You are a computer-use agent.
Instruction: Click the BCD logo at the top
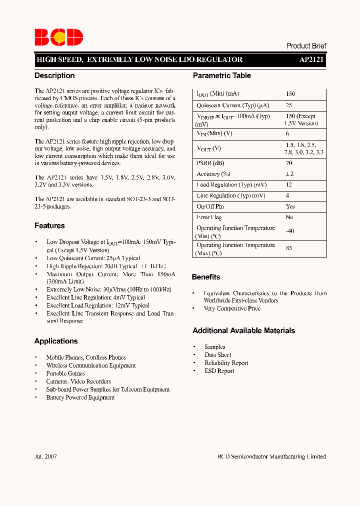tap(58, 37)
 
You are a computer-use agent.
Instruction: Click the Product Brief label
tap(306, 46)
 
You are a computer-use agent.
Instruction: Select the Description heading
tap(54, 75)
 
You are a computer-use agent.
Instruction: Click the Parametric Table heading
tap(222, 75)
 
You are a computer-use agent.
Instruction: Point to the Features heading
tap(49, 225)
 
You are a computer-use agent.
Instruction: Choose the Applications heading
tap(56, 341)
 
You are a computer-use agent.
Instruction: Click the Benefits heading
tap(206, 277)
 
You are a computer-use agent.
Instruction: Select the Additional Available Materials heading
tap(243, 330)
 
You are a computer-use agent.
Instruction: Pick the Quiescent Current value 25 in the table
tap(289, 105)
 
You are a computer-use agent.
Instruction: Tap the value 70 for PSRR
tap(289, 163)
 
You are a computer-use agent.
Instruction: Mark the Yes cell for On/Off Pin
tap(290, 206)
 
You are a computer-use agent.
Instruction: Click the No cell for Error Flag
tap(289, 217)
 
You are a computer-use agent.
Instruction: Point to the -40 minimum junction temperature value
tap(290, 231)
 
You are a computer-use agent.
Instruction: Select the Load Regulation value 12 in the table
tap(289, 185)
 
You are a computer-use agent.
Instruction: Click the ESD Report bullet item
tap(219, 371)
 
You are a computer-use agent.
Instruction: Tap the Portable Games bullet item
tap(65, 373)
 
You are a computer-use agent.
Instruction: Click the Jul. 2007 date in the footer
tap(45, 456)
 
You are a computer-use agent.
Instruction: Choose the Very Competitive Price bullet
tap(232, 308)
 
